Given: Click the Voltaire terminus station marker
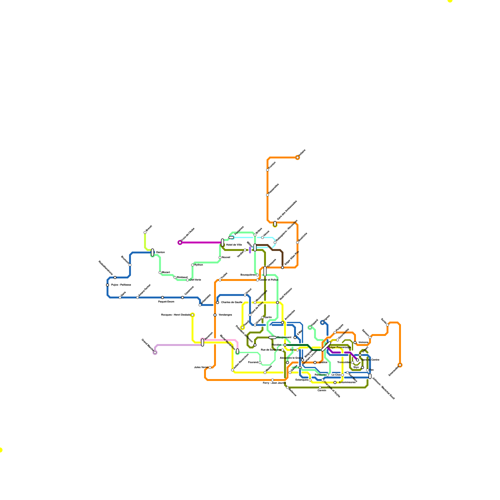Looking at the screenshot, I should [297, 157].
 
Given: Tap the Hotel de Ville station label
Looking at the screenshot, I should [234, 245].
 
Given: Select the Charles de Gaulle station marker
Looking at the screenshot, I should [217, 302].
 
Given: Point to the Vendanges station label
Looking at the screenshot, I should [225, 315].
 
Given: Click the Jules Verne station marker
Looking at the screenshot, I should [210, 367].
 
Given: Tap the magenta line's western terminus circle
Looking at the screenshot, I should [180, 242].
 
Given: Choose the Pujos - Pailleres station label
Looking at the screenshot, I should [121, 285].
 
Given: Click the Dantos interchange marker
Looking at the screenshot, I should [152, 252].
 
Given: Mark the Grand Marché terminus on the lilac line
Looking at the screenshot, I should [155, 352].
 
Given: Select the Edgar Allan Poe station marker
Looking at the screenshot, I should [282, 267].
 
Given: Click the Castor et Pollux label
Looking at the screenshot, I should [268, 280].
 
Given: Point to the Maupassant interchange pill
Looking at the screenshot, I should [272, 337].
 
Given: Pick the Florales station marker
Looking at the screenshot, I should [285, 345].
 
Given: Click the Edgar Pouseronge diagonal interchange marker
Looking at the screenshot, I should [326, 346].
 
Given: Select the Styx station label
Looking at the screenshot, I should [356, 367].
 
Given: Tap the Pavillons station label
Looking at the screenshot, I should [320, 375].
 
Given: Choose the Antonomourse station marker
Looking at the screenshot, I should [335, 382].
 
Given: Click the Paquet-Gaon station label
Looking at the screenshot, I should [166, 302].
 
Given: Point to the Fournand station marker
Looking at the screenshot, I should [260, 362].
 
